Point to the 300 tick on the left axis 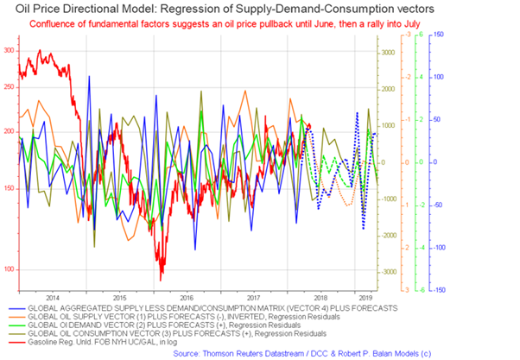coord(10,51)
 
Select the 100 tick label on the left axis coord(10,268)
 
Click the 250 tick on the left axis coord(10,86)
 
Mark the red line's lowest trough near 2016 coord(161,279)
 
